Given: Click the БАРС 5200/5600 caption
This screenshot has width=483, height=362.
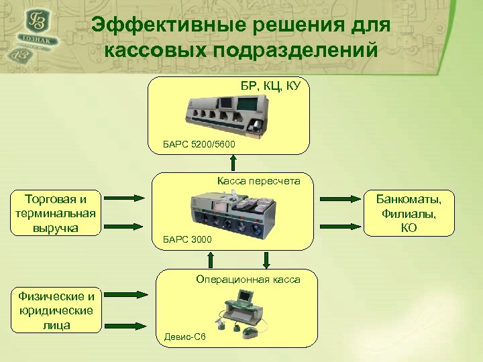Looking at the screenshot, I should pos(199,144).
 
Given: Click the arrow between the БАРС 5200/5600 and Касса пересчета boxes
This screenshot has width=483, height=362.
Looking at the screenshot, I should pos(233,162).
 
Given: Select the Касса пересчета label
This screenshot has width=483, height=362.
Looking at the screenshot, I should pos(259,181).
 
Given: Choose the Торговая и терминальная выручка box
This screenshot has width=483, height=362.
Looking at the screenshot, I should pos(55,213).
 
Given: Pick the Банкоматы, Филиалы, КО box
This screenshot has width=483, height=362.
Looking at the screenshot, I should pos(409,213).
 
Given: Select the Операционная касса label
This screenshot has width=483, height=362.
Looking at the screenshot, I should pos(248,279).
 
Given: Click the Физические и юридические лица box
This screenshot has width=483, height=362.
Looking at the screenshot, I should pos(55,311).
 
